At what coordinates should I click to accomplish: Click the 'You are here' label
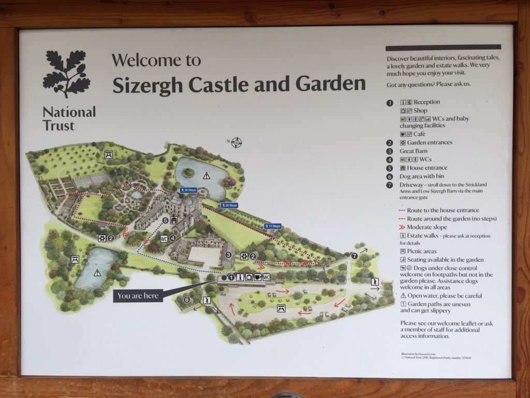point(137,296)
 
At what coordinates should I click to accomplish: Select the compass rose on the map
point(236,142)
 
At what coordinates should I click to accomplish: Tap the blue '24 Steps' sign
point(229,206)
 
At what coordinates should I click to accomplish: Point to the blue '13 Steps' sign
point(272,226)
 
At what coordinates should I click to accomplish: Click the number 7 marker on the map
point(355,255)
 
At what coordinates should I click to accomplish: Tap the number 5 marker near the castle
point(165,221)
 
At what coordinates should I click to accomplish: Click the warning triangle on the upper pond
point(207,176)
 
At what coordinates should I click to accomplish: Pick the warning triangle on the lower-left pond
point(97,273)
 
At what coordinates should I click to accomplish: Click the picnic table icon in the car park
point(281,308)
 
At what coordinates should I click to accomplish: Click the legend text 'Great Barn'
point(420,151)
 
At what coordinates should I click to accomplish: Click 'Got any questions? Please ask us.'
point(429,84)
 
